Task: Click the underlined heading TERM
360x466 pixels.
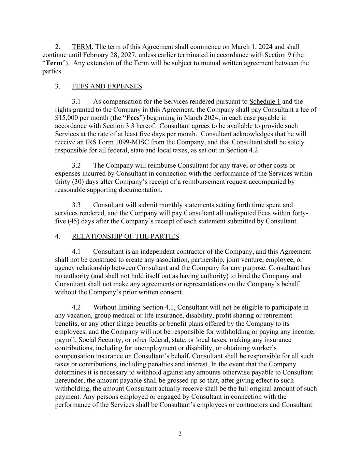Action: pos(82,47)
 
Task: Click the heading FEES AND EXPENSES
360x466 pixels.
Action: pos(107,86)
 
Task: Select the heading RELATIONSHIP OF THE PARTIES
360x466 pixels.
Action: pos(125,236)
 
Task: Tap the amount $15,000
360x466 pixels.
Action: pos(66,118)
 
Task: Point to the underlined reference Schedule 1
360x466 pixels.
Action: pos(265,101)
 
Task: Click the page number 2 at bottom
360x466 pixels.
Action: pos(180,434)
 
